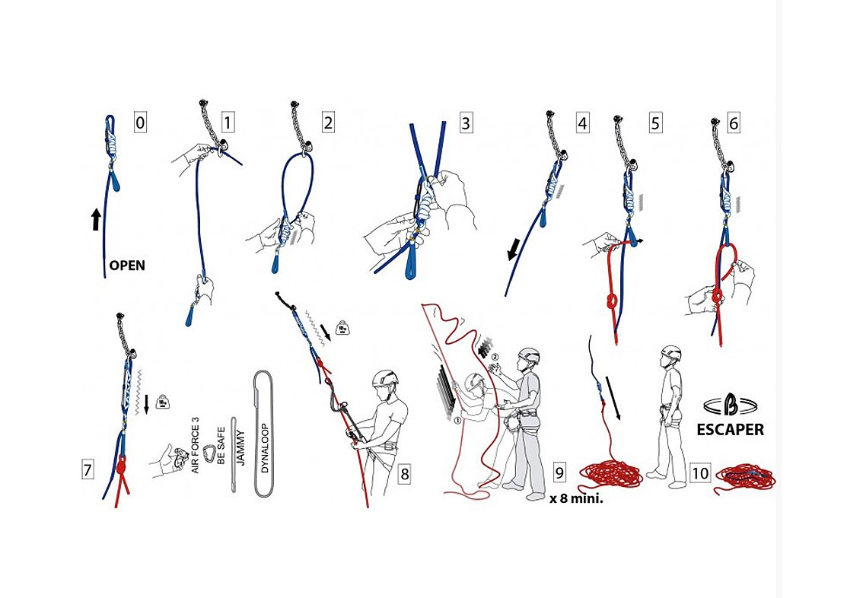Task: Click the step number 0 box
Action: click(x=140, y=122)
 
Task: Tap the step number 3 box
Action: click(x=466, y=122)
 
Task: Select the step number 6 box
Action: click(x=733, y=123)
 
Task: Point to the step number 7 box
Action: click(x=88, y=470)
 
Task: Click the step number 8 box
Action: click(x=405, y=474)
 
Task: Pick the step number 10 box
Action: click(x=699, y=473)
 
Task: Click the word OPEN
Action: click(x=127, y=266)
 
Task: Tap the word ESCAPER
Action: click(x=731, y=430)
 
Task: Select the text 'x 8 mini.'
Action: click(x=575, y=500)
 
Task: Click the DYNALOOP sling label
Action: click(x=265, y=448)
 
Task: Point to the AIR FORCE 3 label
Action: click(x=196, y=445)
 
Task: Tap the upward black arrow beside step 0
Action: click(x=96, y=219)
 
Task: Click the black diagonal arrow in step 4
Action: click(x=514, y=250)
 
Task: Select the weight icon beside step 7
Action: click(x=162, y=402)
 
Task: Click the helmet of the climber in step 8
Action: click(x=385, y=378)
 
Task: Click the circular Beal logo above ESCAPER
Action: click(x=731, y=406)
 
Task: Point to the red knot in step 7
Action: click(x=122, y=466)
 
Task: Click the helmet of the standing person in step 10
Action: click(x=671, y=353)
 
